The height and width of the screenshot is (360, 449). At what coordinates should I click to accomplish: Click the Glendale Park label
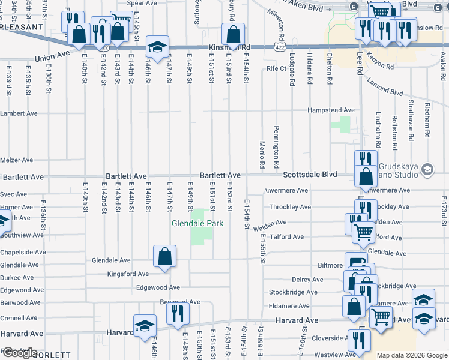coord(197,223)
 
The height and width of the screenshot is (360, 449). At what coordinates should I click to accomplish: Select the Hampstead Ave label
coord(331,110)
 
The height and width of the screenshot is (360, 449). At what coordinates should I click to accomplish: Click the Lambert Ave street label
coord(19,113)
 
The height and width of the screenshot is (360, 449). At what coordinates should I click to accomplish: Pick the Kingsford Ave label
coord(127,274)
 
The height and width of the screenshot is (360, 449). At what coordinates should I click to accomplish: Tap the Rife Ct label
coord(276,68)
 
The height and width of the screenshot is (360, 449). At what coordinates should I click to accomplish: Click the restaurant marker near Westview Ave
coord(359,340)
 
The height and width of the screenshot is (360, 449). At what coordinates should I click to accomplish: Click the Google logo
coord(19,353)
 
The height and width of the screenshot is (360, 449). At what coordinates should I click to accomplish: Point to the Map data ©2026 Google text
coord(411,356)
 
